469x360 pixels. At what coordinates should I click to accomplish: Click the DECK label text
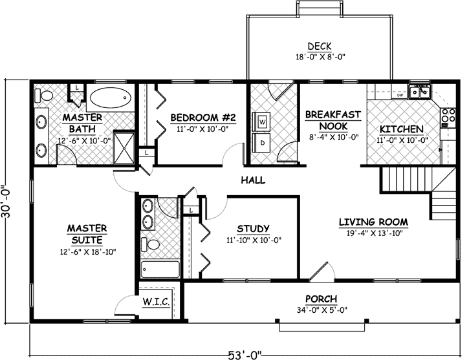(320, 46)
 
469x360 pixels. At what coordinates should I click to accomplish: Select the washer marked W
(263, 121)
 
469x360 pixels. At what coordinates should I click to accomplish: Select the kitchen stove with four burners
(446, 116)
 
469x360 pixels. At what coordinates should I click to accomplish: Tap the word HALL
(253, 180)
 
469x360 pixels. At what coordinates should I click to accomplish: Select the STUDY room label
(253, 228)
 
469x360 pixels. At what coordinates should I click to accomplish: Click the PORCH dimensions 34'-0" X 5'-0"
(322, 308)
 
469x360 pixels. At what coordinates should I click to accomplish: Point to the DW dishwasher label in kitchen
(400, 96)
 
